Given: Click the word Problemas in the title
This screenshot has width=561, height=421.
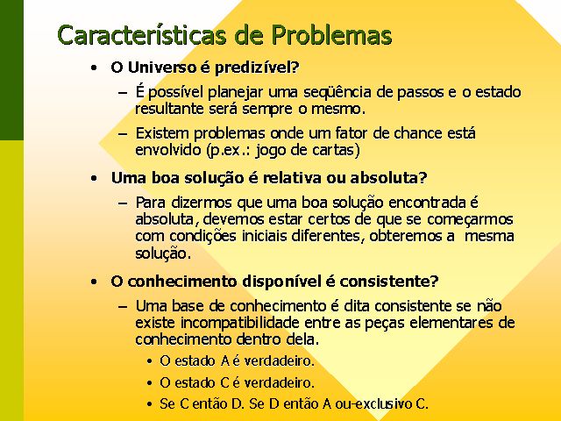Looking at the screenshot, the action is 331,35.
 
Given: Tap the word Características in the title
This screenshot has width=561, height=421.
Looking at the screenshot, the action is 142,35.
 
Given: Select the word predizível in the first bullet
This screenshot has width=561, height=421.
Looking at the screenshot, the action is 257,68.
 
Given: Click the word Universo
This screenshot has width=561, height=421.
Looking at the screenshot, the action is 162,68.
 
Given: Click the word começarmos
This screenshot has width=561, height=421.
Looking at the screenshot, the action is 470,220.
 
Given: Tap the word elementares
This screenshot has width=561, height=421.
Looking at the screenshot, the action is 451,323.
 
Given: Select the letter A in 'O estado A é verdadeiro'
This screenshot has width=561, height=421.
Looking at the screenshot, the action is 225,360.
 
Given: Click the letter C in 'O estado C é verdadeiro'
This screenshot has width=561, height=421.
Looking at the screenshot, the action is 224,382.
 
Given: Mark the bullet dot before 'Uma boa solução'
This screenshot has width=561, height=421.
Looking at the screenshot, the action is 94,178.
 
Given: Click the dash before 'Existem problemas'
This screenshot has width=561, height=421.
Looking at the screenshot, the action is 123,134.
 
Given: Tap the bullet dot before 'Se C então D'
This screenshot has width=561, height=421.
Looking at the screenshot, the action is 150,404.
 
